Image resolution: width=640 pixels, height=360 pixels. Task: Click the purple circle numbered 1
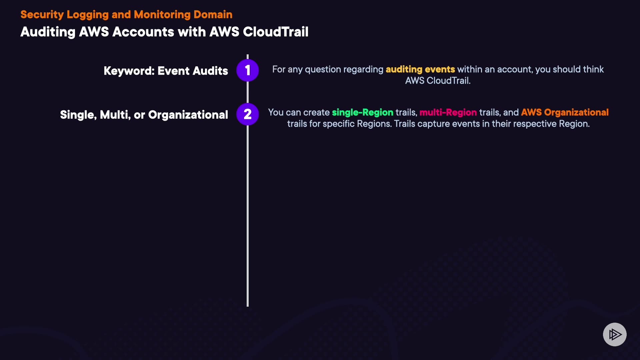[247, 70]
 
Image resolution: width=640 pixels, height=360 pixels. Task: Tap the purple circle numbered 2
[247, 114]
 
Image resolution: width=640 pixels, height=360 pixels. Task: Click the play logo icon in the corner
[615, 334]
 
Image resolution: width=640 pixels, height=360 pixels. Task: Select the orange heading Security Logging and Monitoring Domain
[126, 15]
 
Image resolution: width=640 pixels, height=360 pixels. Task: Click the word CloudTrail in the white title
[275, 32]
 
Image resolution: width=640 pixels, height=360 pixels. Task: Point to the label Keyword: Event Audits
[166, 71]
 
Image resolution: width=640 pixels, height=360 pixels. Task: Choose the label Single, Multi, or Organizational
[144, 115]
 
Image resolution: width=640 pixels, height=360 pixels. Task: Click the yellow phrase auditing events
[420, 69]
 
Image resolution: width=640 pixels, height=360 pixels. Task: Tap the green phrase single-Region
[362, 113]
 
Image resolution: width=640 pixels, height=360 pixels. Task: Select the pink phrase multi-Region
[448, 113]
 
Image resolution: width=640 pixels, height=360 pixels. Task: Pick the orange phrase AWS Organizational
[565, 112]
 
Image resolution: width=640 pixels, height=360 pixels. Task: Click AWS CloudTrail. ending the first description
[438, 81]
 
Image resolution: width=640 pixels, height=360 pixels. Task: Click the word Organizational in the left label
[188, 115]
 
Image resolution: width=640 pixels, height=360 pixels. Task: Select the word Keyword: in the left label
[129, 71]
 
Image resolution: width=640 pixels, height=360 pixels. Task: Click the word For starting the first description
[279, 69]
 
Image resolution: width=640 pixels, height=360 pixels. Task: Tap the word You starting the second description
[276, 113]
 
